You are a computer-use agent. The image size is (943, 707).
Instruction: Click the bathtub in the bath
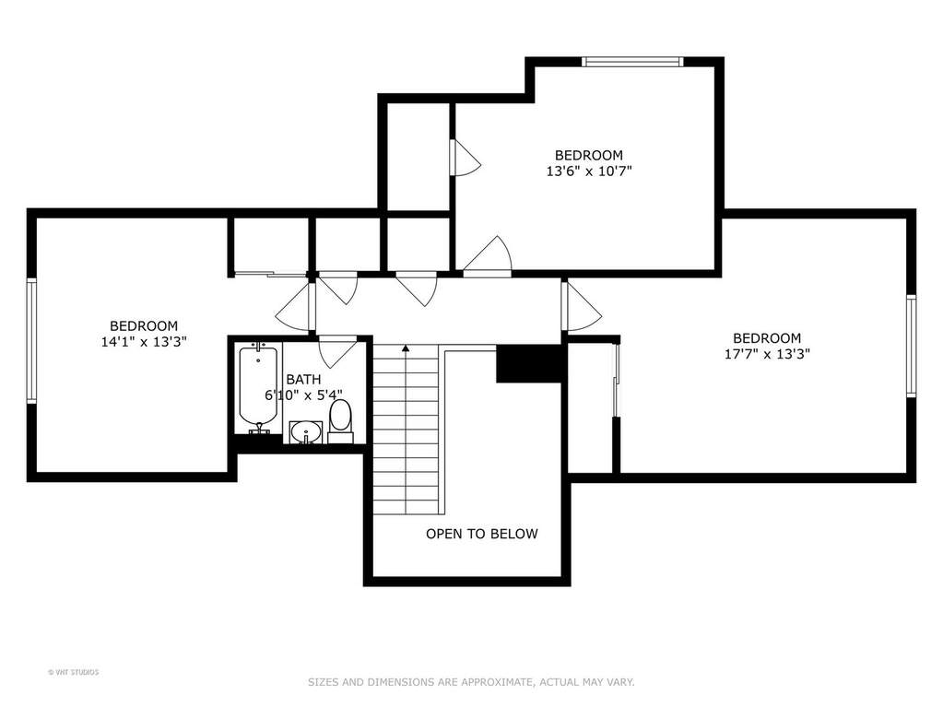[x=258, y=387]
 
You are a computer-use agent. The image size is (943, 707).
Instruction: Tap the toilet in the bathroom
[x=340, y=421]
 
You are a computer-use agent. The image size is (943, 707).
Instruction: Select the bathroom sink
[x=306, y=432]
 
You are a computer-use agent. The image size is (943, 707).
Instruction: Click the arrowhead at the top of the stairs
[x=406, y=348]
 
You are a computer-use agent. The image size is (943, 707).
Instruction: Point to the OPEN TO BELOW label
[x=482, y=534]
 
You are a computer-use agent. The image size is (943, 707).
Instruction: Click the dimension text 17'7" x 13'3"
[x=767, y=354]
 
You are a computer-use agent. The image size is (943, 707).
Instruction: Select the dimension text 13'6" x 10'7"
[x=589, y=171]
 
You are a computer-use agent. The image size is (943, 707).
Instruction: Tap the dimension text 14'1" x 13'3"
[x=144, y=342]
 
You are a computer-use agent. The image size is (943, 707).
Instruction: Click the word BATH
[x=303, y=380]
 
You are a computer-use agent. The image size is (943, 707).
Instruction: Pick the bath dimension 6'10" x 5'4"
[x=303, y=395]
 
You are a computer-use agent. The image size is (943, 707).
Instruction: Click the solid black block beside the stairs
[x=530, y=363]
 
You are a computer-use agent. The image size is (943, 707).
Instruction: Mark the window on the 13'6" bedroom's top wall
[x=632, y=62]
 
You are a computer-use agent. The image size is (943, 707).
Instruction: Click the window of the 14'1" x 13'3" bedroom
[x=32, y=340]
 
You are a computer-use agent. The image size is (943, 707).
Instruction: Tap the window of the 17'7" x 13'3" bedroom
[x=911, y=346]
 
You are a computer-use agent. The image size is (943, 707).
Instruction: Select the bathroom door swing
[x=336, y=351]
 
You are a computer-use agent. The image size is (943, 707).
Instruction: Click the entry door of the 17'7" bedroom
[x=581, y=306]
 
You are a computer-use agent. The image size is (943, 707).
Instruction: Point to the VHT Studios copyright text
[x=74, y=672]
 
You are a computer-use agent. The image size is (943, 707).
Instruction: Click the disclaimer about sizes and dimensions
[x=471, y=682]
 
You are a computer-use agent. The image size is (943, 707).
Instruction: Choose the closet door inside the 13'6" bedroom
[x=466, y=159]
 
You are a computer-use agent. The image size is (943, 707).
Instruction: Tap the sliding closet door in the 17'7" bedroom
[x=615, y=379]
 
